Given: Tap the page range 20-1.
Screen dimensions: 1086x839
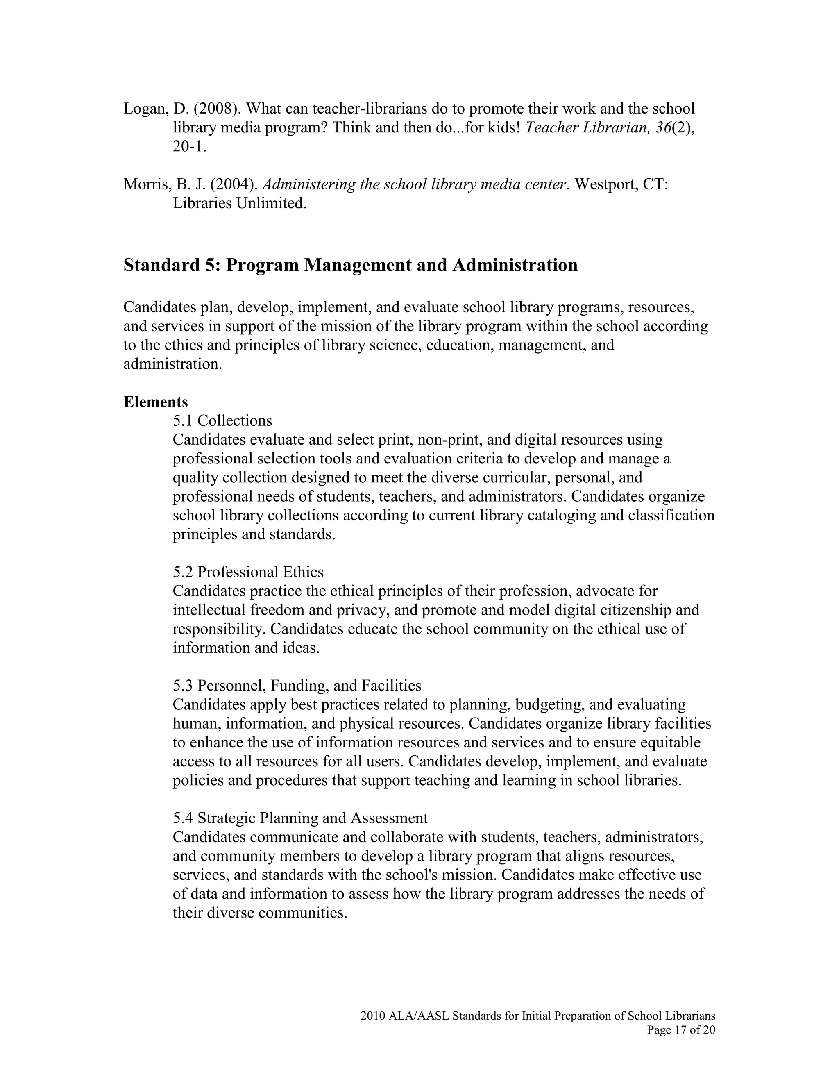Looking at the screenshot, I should pyautogui.click(x=189, y=147).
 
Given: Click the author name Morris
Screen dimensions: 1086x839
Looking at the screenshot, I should pyautogui.click(x=147, y=184).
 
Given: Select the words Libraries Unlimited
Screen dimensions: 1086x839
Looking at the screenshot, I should pyautogui.click(x=239, y=203).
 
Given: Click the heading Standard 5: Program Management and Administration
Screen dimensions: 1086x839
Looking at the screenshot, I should pyautogui.click(x=350, y=265).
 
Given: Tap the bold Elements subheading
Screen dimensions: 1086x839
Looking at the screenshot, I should pyautogui.click(x=156, y=401).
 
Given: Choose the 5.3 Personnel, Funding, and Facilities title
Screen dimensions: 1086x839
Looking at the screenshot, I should pyautogui.click(x=297, y=686).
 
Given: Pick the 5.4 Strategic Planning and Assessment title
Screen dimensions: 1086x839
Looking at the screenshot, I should pyautogui.click(x=300, y=818).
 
